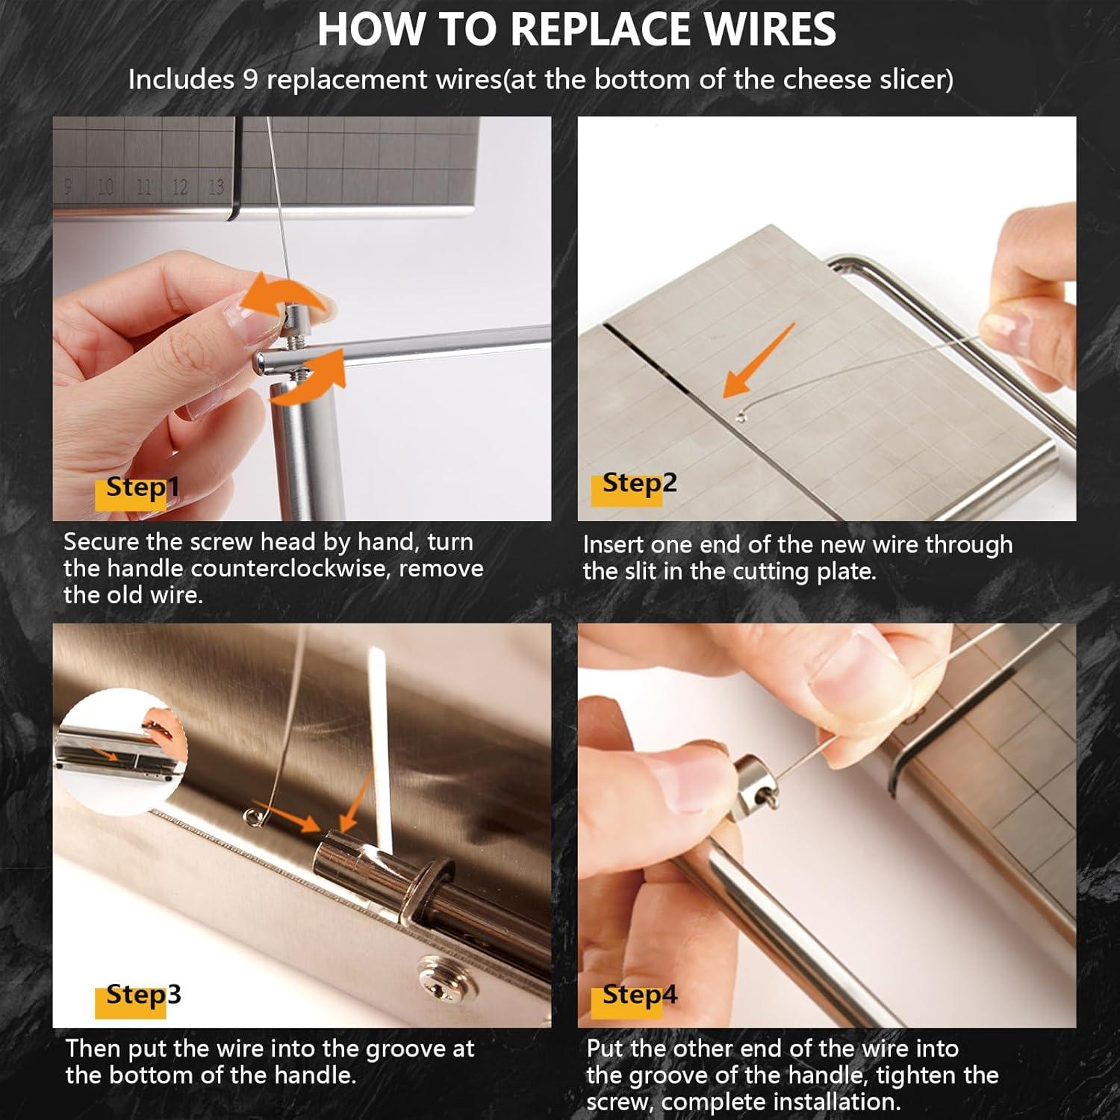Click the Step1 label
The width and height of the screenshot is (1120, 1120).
[x=142, y=488]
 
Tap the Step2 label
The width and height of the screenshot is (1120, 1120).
[x=639, y=483]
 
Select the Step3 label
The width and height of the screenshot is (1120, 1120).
[x=143, y=995]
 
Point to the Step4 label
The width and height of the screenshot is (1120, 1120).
[x=639, y=995]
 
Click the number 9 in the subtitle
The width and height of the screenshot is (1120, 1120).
[x=250, y=80]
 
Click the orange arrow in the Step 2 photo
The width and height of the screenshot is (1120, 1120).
[x=758, y=362]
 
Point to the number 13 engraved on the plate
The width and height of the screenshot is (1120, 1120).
[x=216, y=187]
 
